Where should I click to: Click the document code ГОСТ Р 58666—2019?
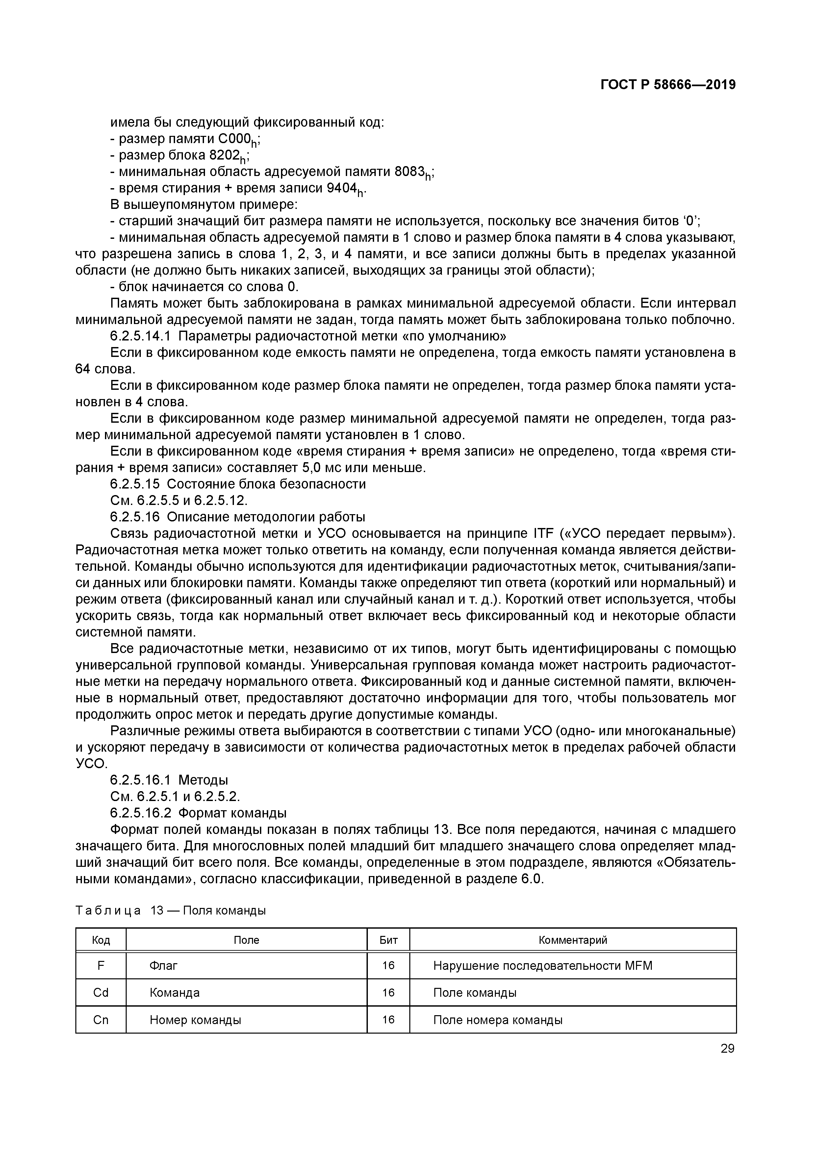[668, 85]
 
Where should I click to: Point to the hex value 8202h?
[228, 156]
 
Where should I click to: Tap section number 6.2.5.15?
[135, 484]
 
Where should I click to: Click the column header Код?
[101, 940]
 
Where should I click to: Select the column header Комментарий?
[573, 940]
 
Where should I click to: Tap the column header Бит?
[388, 940]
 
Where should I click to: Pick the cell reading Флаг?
[164, 966]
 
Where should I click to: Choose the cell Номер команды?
[195, 1020]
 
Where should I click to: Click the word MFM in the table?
[638, 966]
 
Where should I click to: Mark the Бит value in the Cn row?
[388, 1020]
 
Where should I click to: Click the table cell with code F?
[101, 966]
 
